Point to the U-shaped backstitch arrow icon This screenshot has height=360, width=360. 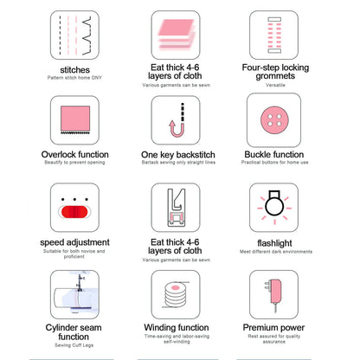coord(180,120)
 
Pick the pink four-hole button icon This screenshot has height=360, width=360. coord(275,120)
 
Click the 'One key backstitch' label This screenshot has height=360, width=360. coord(180,155)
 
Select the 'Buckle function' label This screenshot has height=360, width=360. coord(275,155)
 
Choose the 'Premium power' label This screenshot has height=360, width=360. coord(275,329)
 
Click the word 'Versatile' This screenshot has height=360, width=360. coord(275,85)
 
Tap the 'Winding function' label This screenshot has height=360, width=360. coord(180,329)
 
